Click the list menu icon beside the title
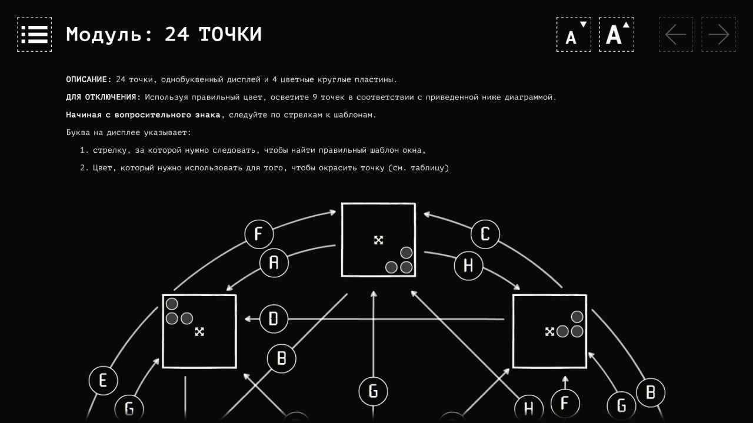tap(34, 34)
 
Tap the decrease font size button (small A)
tap(574, 34)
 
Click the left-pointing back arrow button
tap(676, 34)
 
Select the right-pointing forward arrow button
tap(718, 34)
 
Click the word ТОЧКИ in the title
tap(230, 34)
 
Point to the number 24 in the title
tap(177, 34)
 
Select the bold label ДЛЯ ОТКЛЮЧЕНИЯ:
tap(104, 97)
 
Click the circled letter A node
tap(274, 263)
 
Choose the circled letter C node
tap(485, 234)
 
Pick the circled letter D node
tap(274, 318)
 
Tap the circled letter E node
tap(103, 381)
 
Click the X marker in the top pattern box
tap(378, 240)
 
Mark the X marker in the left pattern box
tap(199, 332)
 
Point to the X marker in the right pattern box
tap(549, 332)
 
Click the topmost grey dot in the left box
tap(172, 304)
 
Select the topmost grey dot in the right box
tap(577, 317)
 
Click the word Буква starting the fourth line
tap(77, 133)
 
